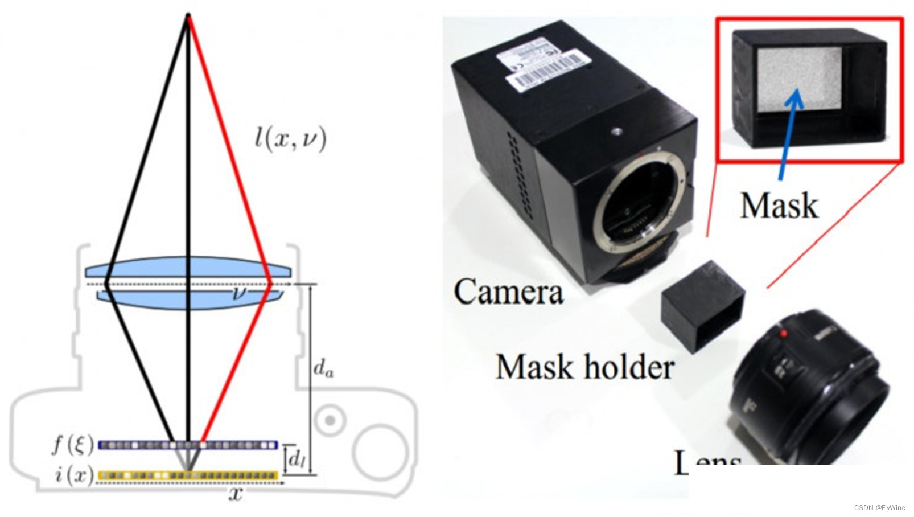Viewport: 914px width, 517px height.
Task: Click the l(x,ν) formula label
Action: [291, 138]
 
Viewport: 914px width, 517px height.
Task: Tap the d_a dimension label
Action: [323, 368]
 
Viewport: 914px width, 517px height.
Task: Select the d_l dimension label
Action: [296, 458]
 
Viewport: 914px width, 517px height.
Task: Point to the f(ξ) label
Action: [72, 444]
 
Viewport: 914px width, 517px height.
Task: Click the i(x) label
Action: [74, 474]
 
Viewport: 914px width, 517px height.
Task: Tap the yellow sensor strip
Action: [188, 475]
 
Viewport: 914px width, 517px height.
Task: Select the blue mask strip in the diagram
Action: [188, 445]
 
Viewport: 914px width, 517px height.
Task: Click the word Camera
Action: [508, 292]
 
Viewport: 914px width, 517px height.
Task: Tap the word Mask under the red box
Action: [779, 206]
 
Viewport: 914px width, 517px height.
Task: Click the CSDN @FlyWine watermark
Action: [879, 508]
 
